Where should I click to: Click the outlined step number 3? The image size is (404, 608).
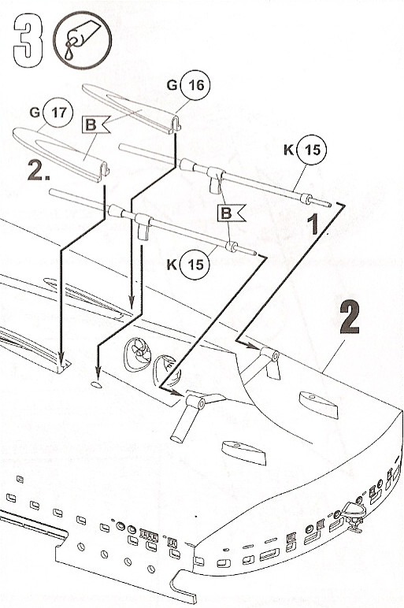click(27, 40)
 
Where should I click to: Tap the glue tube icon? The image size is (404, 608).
click(82, 40)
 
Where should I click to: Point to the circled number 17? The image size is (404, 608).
click(58, 113)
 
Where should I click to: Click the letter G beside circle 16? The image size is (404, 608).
click(172, 85)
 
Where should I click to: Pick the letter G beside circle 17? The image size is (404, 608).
click(35, 113)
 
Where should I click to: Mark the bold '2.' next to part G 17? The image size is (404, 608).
click(39, 170)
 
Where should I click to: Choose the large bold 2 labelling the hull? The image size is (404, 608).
click(350, 318)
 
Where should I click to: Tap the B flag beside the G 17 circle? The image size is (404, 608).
click(95, 124)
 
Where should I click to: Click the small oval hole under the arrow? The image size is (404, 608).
click(97, 384)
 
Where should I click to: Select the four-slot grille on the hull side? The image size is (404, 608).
click(149, 536)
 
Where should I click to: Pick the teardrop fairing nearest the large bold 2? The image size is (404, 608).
click(318, 405)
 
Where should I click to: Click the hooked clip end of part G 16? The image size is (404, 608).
click(175, 125)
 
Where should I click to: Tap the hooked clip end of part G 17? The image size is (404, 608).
click(103, 172)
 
